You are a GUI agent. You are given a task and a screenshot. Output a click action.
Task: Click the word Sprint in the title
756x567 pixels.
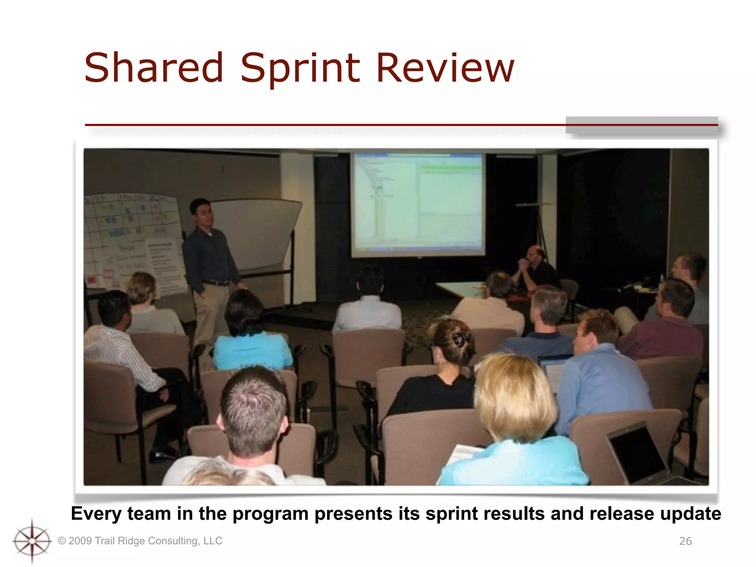300,68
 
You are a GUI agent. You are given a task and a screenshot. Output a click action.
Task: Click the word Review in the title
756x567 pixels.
444,68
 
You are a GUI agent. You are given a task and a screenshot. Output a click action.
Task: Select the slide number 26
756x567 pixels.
685,541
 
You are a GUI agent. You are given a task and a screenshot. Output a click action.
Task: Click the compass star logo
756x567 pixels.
32,541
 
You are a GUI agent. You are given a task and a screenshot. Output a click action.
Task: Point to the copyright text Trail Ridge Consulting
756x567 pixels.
140,541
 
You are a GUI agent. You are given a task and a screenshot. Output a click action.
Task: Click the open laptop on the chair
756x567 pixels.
639,454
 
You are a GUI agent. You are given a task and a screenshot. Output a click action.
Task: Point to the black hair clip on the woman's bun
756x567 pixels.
461,338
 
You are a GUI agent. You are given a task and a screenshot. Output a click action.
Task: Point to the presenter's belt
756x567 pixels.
216,283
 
